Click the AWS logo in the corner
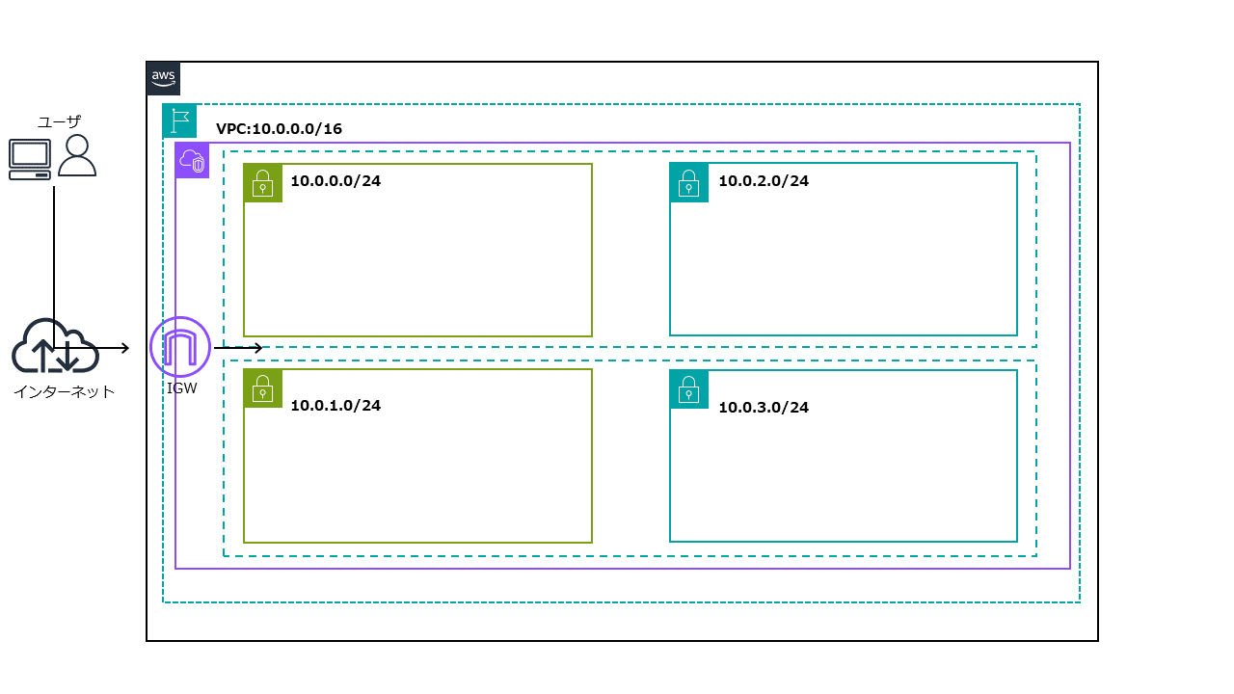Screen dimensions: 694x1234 pyautogui.click(x=163, y=79)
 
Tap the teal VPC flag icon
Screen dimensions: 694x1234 pyautogui.click(x=179, y=120)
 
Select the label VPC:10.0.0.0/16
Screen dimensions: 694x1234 pyautogui.click(x=279, y=128)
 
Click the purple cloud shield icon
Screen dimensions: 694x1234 pyautogui.click(x=192, y=161)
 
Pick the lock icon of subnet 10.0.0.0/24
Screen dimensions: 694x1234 pyautogui.click(x=262, y=182)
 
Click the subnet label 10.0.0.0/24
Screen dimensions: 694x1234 pyautogui.click(x=335, y=180)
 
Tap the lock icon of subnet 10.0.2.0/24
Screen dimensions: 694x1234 pyautogui.click(x=688, y=181)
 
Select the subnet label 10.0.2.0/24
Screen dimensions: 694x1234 pyautogui.click(x=763, y=180)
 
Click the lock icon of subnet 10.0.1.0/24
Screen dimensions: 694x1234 pyautogui.click(x=262, y=388)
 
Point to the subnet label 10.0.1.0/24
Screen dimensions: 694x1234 pyautogui.click(x=335, y=405)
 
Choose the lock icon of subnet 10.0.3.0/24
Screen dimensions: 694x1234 pyautogui.click(x=688, y=388)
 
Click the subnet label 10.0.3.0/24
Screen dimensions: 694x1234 pyautogui.click(x=763, y=407)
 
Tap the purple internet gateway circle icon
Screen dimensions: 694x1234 pyautogui.click(x=180, y=346)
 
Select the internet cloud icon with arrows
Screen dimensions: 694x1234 pyautogui.click(x=55, y=347)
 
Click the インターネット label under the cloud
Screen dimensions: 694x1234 pyautogui.click(x=64, y=391)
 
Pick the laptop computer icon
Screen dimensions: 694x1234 pyautogui.click(x=29, y=159)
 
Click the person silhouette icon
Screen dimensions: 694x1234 pyautogui.click(x=77, y=155)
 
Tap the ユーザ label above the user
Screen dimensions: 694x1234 pyautogui.click(x=59, y=121)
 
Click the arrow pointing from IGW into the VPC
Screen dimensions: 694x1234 pyautogui.click(x=238, y=348)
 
